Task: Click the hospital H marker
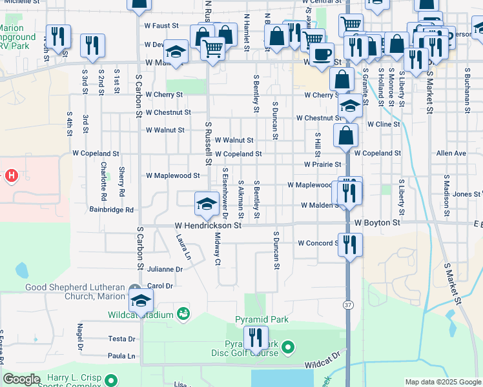11,175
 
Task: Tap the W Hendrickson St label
208,226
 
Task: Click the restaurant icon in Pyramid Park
256,337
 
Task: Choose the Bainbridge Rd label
111,210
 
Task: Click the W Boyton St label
378,223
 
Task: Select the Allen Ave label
451,154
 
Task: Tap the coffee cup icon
322,54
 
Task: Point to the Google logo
21,380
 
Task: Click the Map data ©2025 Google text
443,382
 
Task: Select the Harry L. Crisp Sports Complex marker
112,380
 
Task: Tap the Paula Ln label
121,356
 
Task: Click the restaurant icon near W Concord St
349,244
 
